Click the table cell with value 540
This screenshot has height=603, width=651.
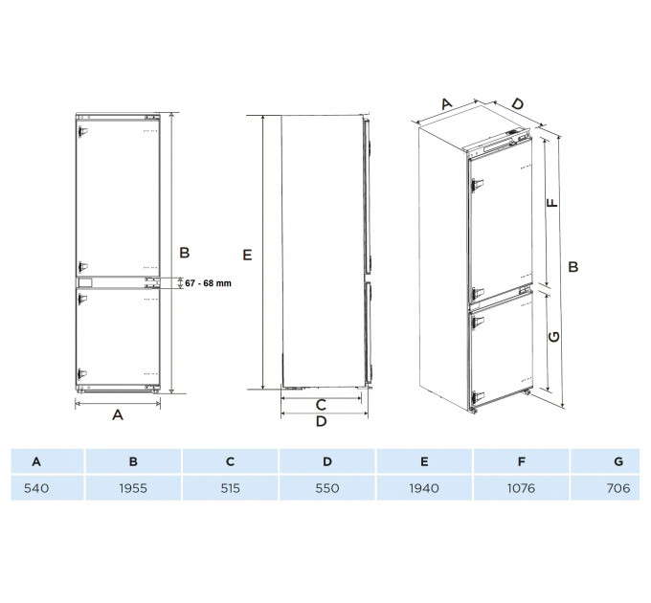[36, 488]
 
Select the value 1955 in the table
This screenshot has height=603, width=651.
[133, 488]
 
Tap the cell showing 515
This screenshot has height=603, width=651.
[231, 488]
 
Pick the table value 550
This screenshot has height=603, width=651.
[327, 488]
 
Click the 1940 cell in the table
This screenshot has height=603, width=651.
[424, 488]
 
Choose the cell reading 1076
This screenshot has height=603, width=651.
[521, 488]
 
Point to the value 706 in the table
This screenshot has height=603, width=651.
[618, 488]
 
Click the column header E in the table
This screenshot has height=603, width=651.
[424, 461]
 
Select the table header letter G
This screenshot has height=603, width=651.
[618, 461]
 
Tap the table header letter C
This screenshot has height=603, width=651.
[231, 461]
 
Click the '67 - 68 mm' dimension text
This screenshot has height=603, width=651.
[208, 283]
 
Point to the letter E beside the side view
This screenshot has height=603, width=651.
[247, 255]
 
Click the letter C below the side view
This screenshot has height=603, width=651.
[321, 405]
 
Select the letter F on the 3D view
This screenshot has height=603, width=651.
[552, 203]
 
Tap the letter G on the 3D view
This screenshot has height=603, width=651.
[554, 337]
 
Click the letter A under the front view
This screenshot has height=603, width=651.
[118, 414]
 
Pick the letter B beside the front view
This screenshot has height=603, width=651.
[185, 253]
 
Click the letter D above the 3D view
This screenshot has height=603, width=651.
[517, 103]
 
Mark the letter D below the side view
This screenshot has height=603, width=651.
[322, 421]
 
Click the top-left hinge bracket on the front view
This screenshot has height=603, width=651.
[82, 131]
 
